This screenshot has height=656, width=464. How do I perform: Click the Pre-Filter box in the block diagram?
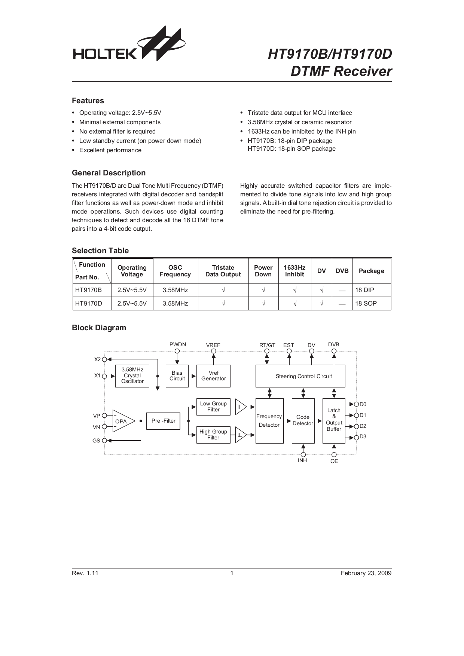tap(163, 421)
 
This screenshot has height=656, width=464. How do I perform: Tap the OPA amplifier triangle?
tap(123, 421)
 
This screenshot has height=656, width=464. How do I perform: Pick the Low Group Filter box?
tap(213, 407)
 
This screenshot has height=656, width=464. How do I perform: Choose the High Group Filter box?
tap(213, 435)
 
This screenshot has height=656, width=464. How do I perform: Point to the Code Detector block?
tap(303, 420)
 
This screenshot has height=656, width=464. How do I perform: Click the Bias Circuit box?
tap(177, 376)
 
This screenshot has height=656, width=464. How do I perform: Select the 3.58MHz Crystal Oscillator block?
tap(132, 375)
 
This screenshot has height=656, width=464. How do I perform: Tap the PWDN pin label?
tap(177, 344)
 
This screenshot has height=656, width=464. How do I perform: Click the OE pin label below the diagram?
tap(334, 461)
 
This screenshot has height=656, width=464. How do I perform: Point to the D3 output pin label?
tap(363, 437)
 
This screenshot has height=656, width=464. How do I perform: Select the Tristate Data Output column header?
tap(223, 271)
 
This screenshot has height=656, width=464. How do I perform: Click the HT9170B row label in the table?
tap(88, 290)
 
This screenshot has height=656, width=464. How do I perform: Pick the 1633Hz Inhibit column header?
tap(294, 271)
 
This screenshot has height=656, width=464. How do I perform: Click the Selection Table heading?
tap(100, 251)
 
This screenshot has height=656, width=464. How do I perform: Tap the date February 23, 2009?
tap(366, 573)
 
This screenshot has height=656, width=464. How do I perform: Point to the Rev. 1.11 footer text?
tap(85, 573)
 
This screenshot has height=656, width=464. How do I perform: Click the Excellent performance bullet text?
tap(110, 150)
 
